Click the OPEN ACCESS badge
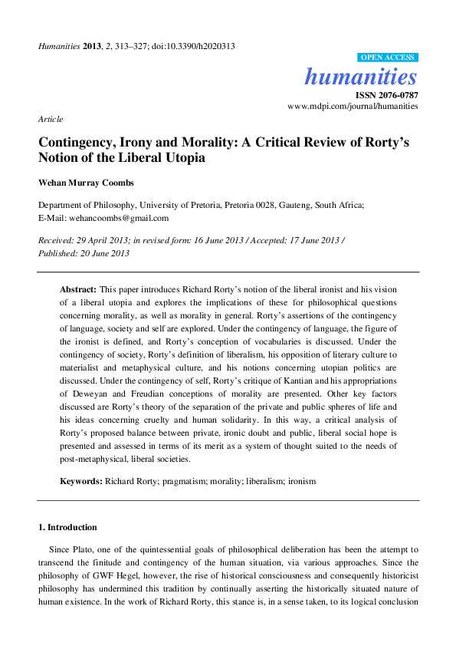(x=388, y=58)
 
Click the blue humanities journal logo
(x=361, y=77)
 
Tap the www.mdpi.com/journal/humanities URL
(x=353, y=107)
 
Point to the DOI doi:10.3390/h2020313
(x=198, y=46)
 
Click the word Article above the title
(x=51, y=120)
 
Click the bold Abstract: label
(x=78, y=288)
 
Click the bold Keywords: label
(x=81, y=481)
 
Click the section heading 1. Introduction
(x=67, y=528)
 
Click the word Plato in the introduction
(x=81, y=550)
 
